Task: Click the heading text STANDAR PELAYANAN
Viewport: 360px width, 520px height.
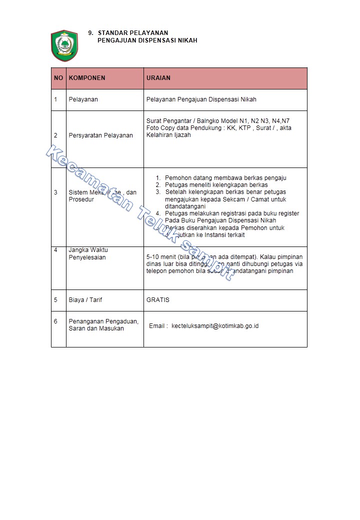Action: click(132, 33)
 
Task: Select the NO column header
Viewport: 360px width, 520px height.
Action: click(58, 78)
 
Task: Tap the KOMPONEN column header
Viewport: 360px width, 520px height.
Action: click(87, 78)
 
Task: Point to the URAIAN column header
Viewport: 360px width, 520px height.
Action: click(158, 78)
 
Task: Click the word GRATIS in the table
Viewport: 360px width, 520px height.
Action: click(158, 300)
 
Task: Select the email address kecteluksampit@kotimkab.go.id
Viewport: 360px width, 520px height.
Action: click(215, 326)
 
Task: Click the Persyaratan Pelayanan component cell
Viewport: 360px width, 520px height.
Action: click(100, 135)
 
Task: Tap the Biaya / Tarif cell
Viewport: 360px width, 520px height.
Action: click(85, 300)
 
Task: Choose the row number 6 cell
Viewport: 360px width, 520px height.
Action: click(56, 321)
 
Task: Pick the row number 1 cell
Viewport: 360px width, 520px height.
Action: click(56, 99)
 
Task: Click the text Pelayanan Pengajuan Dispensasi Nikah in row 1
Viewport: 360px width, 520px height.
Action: click(201, 99)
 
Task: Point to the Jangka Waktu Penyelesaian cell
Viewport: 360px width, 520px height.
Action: click(88, 253)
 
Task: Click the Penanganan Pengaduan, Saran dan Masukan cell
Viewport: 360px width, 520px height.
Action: click(103, 325)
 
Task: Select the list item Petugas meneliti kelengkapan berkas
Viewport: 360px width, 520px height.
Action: click(216, 185)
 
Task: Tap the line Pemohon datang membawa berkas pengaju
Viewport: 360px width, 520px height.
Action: click(225, 178)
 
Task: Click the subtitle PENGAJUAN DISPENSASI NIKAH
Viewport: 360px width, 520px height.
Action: click(147, 40)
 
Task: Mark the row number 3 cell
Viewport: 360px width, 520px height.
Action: click(56, 192)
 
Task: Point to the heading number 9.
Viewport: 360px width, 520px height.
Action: click(90, 33)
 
